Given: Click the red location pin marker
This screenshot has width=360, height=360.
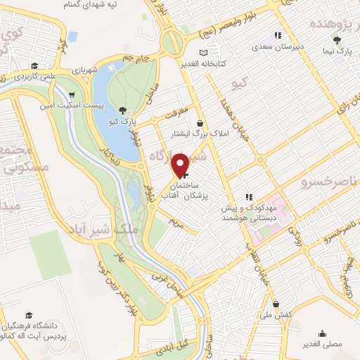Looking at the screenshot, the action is pyautogui.click(x=181, y=165).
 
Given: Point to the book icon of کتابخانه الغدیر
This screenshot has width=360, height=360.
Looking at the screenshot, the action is pyautogui.click(x=203, y=53).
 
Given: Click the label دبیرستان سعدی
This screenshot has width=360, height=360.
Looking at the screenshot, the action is pyautogui.click(x=278, y=46).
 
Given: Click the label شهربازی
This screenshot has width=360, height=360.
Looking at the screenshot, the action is pyautogui.click(x=78, y=72).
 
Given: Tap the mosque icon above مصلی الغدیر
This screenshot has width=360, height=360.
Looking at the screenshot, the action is pyautogui.click(x=322, y=334).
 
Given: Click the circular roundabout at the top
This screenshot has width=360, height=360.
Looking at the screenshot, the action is pyautogui.click(x=172, y=44).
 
